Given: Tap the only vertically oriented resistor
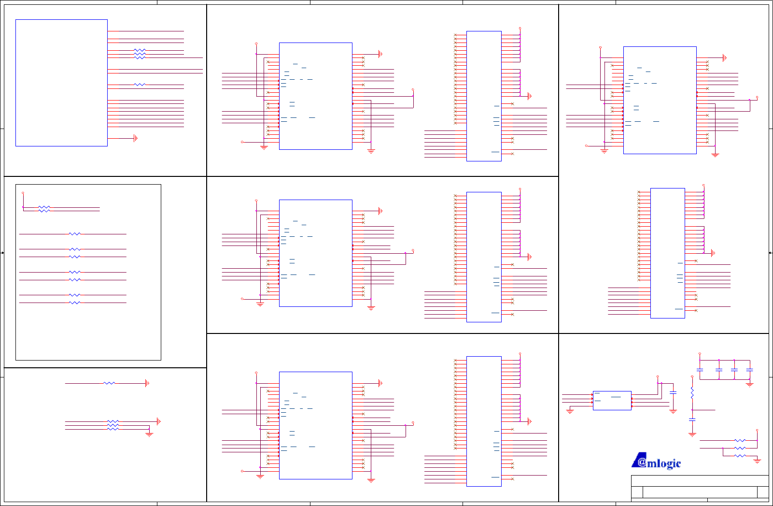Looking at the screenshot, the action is coord(692,392).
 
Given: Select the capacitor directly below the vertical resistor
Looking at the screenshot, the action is coord(692,419).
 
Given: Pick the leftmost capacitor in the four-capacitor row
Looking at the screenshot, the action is coord(700,370).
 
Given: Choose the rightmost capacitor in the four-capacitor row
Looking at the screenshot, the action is coord(749,370).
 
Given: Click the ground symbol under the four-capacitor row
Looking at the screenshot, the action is coord(749,384).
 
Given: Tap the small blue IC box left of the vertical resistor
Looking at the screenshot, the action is coord(612,400).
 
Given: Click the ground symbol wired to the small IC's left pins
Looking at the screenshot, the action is coord(570,411).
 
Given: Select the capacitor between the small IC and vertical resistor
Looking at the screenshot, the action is coord(673,393).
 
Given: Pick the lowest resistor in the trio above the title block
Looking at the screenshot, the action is coord(740,456).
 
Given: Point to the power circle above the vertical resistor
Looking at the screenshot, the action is coord(700,354).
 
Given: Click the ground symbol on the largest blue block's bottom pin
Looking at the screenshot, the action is coord(136,138).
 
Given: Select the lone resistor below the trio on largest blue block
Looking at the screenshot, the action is coord(140,85).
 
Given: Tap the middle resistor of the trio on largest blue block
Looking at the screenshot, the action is coord(140,54).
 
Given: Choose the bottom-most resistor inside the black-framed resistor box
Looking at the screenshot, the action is coord(74,303).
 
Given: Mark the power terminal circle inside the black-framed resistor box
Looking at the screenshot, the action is coord(23,193).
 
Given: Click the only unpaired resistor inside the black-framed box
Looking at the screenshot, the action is coord(74,234).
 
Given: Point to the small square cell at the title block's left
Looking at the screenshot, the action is coord(637,492).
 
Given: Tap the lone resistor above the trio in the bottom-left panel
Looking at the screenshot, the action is coord(109,383).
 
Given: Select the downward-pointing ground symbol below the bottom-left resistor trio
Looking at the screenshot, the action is coord(149,434).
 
